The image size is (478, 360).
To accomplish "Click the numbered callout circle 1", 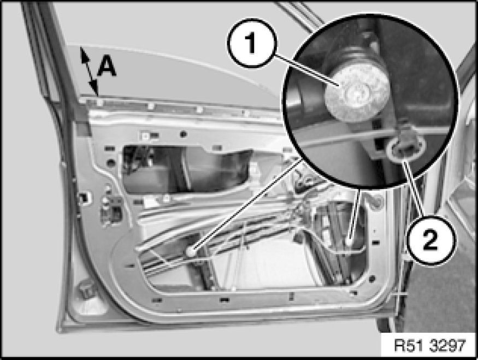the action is tap(251, 43).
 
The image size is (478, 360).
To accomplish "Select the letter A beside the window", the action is tap(107, 67).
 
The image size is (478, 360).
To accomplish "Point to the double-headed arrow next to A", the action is tap(89, 72).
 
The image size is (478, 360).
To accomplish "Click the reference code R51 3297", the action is tap(430, 346).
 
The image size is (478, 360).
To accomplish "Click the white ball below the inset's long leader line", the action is tap(191, 251).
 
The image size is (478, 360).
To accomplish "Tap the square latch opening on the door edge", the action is tap(83, 198).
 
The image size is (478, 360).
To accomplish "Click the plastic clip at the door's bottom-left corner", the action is tap(86, 291).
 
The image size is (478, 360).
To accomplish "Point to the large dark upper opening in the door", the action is tap(186, 169).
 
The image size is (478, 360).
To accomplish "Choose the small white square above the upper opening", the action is tap(145, 135).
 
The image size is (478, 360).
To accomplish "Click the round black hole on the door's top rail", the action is tap(183, 133).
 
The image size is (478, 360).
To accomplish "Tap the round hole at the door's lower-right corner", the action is tap(372, 278).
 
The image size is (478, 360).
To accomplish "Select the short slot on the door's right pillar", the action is tap(376, 243).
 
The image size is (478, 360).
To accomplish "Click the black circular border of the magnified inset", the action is tap(284, 101).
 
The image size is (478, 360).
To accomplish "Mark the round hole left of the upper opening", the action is tap(111, 162).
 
